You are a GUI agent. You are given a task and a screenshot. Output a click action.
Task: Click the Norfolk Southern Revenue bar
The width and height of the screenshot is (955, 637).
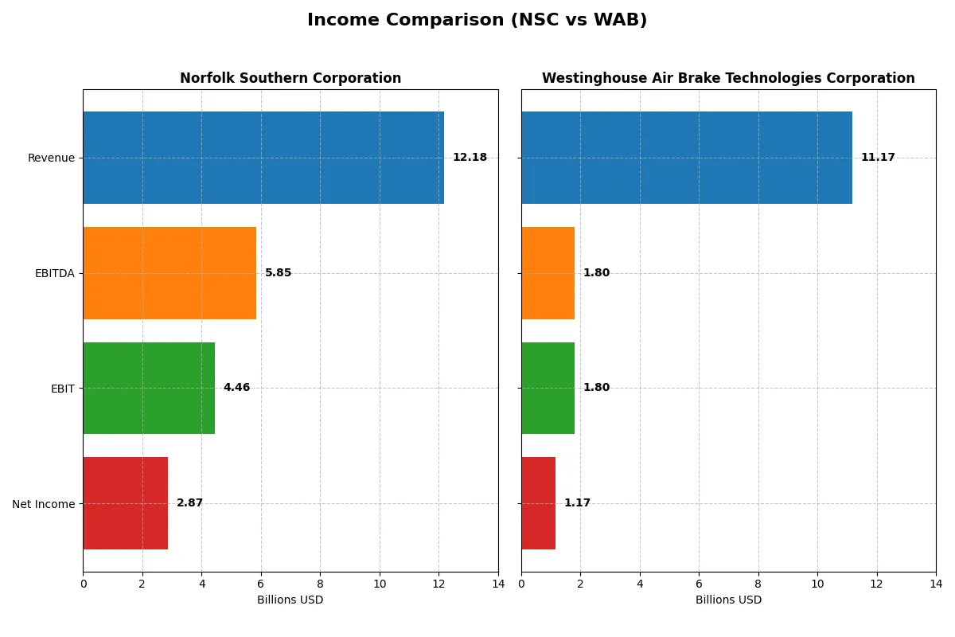[x=263, y=158]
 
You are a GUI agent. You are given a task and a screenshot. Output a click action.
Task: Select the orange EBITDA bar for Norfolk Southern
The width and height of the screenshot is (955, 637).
[x=170, y=273]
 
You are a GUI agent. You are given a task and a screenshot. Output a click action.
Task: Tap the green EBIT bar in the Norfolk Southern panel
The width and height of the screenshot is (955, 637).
[x=149, y=389]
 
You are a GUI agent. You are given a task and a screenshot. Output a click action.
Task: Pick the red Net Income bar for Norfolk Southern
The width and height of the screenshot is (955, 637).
[x=126, y=503]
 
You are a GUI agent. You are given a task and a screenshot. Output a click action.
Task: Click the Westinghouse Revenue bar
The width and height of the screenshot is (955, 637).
[x=687, y=158]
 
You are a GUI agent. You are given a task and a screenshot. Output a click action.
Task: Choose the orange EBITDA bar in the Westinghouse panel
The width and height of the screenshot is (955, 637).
[x=548, y=273]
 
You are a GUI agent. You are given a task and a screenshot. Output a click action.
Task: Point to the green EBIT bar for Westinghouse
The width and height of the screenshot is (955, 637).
[x=548, y=389]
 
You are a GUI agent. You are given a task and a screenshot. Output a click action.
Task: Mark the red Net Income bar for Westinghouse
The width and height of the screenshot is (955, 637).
[x=539, y=503]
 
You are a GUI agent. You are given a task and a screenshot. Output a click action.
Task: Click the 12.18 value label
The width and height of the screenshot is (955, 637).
[x=470, y=158]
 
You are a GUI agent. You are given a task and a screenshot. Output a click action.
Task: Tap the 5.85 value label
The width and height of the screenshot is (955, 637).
[x=278, y=273]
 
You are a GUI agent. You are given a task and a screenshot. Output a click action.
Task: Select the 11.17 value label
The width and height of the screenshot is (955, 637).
[x=878, y=158]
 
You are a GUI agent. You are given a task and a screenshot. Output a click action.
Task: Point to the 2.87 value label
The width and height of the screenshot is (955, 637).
[x=189, y=503]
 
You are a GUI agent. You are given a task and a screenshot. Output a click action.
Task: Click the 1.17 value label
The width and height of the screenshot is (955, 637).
[x=577, y=503]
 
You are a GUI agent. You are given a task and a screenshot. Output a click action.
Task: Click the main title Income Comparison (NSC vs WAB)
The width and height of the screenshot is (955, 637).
[x=477, y=21]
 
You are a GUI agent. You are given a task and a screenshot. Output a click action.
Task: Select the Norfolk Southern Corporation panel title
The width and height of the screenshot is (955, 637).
[x=290, y=79]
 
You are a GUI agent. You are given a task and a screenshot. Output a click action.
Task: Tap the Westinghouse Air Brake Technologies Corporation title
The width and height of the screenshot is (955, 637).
[x=728, y=79]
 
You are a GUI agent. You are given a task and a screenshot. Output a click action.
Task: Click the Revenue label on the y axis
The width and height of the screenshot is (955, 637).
[x=51, y=158]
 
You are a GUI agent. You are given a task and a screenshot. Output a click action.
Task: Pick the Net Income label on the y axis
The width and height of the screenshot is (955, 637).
[x=44, y=504]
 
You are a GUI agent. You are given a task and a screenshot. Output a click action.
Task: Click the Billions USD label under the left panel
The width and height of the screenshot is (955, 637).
[x=290, y=600]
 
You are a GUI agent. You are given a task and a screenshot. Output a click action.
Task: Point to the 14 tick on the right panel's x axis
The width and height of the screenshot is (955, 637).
[x=936, y=584]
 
